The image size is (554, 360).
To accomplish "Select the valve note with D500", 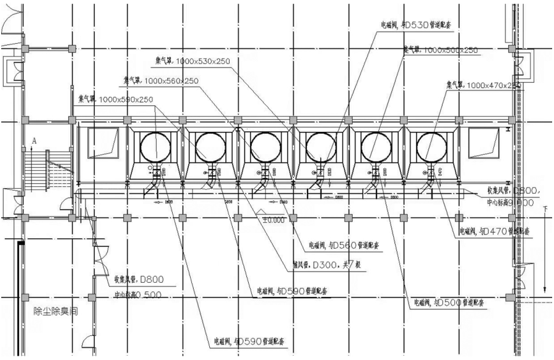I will point(449,304).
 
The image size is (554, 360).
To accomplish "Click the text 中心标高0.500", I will point(137,294).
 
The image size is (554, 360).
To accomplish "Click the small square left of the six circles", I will point(102,143).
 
